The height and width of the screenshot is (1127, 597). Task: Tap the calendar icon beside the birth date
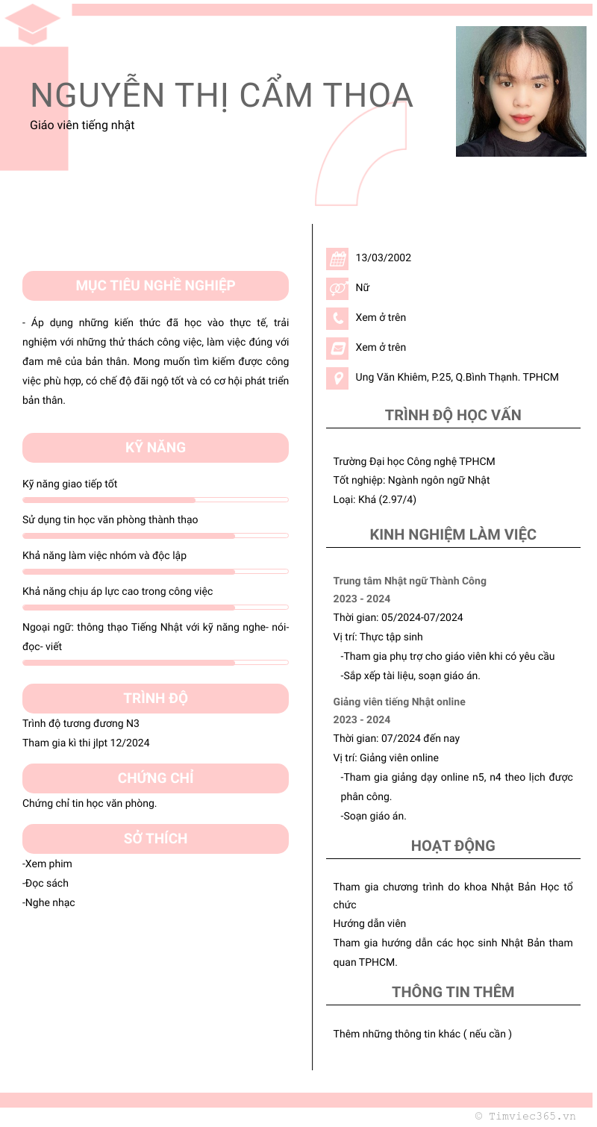click(338, 258)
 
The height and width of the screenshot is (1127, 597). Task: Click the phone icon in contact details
click(338, 318)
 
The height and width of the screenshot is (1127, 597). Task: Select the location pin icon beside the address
click(338, 378)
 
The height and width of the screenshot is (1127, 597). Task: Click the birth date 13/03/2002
click(383, 258)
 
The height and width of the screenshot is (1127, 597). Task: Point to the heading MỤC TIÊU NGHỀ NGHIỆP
click(155, 286)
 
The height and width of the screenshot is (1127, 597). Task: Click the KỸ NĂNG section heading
click(155, 448)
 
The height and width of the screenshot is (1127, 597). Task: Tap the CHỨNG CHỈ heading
click(155, 778)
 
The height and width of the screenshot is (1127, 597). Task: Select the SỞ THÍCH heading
click(155, 839)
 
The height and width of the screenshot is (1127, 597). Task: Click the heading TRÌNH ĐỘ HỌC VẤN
click(453, 416)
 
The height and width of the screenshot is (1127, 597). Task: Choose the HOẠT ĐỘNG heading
click(453, 846)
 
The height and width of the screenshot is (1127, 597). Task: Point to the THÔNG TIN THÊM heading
click(453, 992)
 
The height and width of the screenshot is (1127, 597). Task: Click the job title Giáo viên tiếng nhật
click(82, 125)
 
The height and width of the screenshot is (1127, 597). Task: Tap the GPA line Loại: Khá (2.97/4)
click(375, 499)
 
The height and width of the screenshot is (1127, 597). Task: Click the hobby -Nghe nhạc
click(49, 902)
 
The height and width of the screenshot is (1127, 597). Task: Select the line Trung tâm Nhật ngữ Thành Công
click(410, 581)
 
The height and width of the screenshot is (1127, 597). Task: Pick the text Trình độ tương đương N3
click(81, 723)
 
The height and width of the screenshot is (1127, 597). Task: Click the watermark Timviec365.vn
click(525, 1116)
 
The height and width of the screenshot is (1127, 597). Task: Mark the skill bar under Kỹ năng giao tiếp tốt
click(155, 499)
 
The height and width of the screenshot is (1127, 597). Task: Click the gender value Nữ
click(362, 288)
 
